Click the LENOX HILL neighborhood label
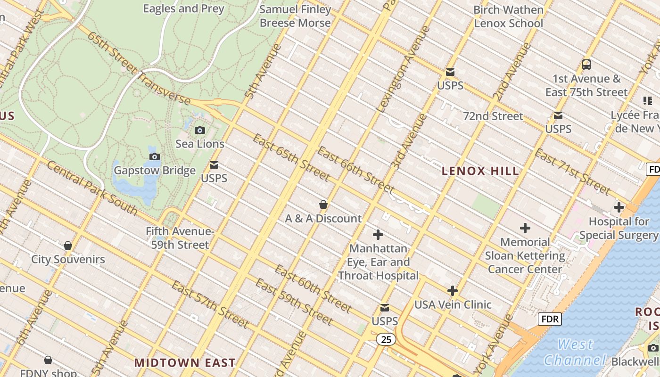pyautogui.click(x=480, y=171)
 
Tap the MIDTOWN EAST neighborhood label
pyautogui.click(x=185, y=362)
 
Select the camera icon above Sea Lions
pyautogui.click(x=200, y=130)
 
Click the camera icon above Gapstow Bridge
pyautogui.click(x=154, y=156)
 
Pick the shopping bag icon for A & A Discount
pyautogui.click(x=323, y=205)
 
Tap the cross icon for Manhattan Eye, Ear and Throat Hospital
pyautogui.click(x=378, y=234)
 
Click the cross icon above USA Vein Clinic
pyautogui.click(x=453, y=290)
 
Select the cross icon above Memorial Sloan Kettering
pyautogui.click(x=525, y=229)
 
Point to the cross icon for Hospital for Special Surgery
pyautogui.click(x=619, y=207)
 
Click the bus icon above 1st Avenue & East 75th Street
pyautogui.click(x=586, y=65)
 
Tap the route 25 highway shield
pyautogui.click(x=386, y=339)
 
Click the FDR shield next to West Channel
pyautogui.click(x=550, y=320)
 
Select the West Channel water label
pyautogui.click(x=575, y=352)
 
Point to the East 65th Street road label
pyautogui.click(x=291, y=157)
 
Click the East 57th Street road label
pyautogui.click(x=210, y=304)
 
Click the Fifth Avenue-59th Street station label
pyautogui.click(x=180, y=238)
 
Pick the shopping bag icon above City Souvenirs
pyautogui.click(x=68, y=246)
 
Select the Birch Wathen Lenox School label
pyautogui.click(x=508, y=16)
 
